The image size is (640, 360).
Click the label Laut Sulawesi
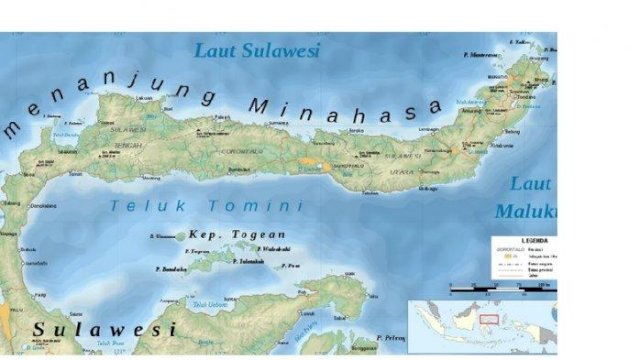point(256,50)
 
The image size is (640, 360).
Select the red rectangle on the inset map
point(489,320)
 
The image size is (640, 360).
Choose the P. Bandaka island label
point(173,269)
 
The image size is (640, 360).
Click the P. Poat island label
point(290,265)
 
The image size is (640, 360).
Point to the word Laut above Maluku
point(529,183)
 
